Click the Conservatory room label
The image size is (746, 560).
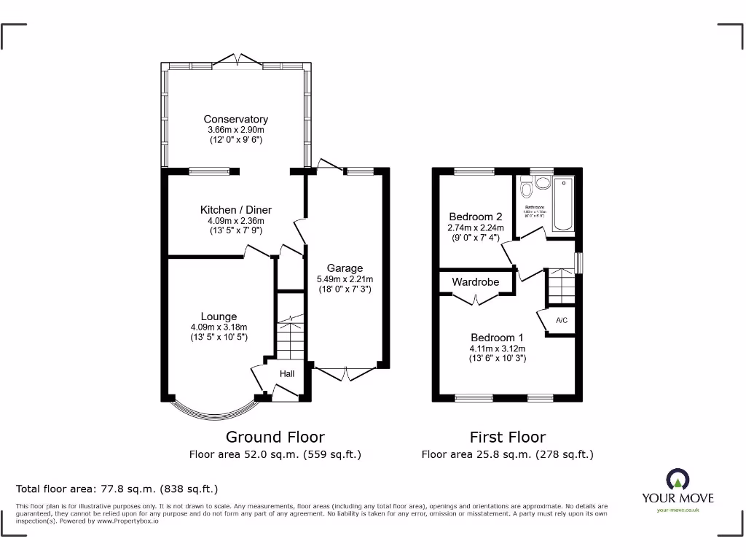pyautogui.click(x=235, y=120)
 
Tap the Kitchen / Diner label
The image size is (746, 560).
pyautogui.click(x=235, y=210)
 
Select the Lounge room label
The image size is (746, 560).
pyautogui.click(x=219, y=316)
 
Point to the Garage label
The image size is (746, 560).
pyautogui.click(x=345, y=268)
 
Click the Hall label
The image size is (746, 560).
pyautogui.click(x=287, y=374)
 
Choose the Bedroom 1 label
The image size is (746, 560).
pyautogui.click(x=497, y=338)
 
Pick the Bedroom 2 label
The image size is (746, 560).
pyautogui.click(x=475, y=217)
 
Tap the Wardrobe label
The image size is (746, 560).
pyautogui.click(x=475, y=281)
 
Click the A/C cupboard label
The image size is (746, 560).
pyautogui.click(x=562, y=320)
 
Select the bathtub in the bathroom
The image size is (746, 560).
pyautogui.click(x=565, y=203)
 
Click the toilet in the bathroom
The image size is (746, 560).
pyautogui.click(x=527, y=191)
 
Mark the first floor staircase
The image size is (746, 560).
pyautogui.click(x=561, y=284)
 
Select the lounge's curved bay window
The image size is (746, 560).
pyautogui.click(x=215, y=414)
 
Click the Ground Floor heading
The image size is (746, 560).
pyautogui.click(x=275, y=437)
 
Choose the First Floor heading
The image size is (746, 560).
pyautogui.click(x=507, y=437)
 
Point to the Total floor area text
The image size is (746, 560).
pyautogui.click(x=117, y=489)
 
